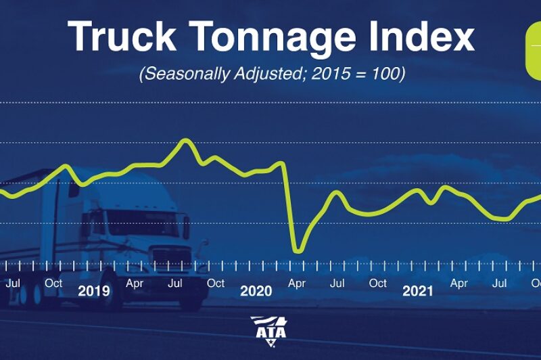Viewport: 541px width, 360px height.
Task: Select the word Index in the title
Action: (417, 37)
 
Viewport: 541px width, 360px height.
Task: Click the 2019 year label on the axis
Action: (94, 292)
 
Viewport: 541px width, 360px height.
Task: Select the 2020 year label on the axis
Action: (256, 292)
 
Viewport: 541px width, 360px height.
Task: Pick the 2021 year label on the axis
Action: (418, 292)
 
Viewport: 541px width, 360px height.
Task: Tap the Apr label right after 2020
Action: (297, 283)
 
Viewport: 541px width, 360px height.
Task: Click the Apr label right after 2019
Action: (135, 283)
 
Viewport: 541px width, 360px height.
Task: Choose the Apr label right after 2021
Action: (459, 283)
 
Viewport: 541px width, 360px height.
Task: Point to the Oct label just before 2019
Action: (53, 283)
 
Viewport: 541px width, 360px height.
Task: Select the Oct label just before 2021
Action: (378, 283)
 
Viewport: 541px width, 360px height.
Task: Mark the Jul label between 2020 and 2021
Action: (337, 283)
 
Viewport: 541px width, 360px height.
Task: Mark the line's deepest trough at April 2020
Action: (297, 251)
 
